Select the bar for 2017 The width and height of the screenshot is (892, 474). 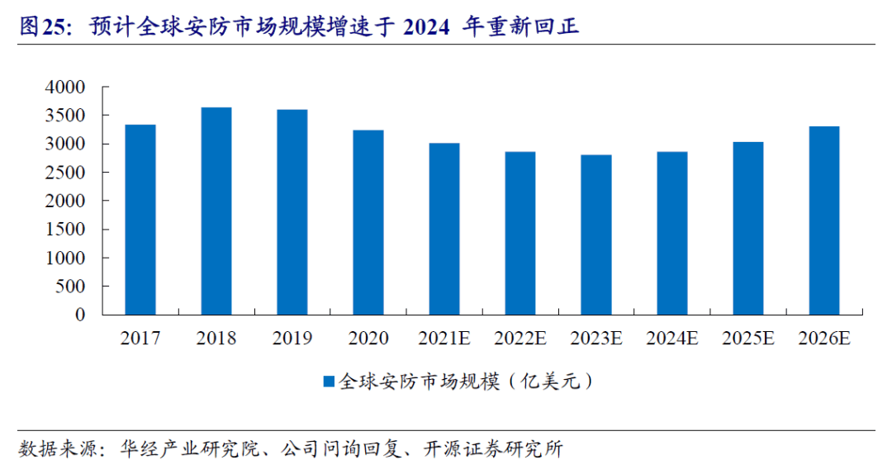click(140, 220)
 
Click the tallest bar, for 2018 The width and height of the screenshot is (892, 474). click(216, 211)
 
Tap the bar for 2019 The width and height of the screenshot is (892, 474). click(292, 212)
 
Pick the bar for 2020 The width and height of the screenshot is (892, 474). click(368, 223)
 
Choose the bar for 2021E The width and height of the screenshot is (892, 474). click(444, 229)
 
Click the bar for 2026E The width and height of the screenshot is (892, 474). click(823, 220)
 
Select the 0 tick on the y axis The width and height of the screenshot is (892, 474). click(80, 315)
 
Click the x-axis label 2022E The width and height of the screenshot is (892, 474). click(520, 339)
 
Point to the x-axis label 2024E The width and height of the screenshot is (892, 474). click(671, 339)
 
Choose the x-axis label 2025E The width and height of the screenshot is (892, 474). click(747, 339)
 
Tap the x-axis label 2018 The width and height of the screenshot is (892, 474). click(216, 339)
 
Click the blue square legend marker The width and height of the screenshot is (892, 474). click(328, 382)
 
